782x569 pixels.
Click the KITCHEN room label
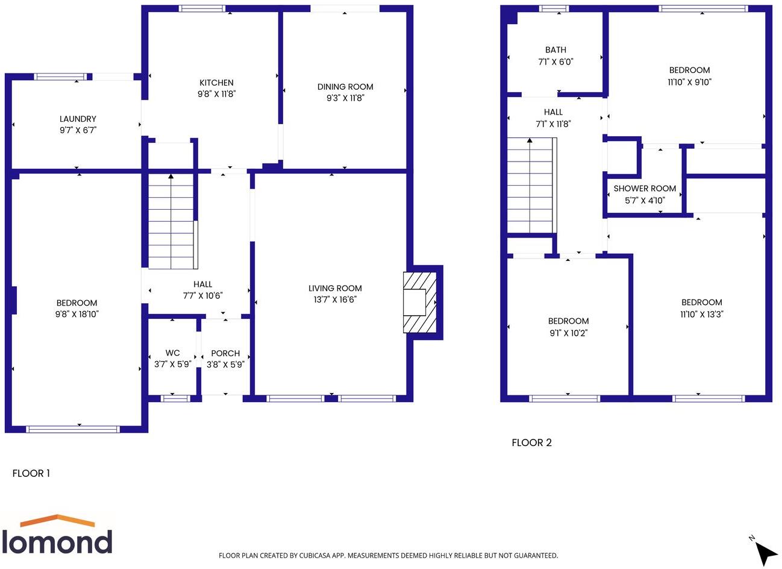(x=216, y=83)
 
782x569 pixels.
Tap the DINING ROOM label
(x=345, y=87)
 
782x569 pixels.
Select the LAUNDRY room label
(x=78, y=119)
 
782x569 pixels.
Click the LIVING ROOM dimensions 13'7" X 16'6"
(x=335, y=300)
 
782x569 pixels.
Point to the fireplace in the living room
(x=419, y=301)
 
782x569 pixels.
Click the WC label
(x=172, y=353)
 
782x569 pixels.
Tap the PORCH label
(x=225, y=353)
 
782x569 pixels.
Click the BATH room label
(x=555, y=50)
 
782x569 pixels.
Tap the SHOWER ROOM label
(x=645, y=189)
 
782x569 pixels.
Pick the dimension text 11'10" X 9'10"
(x=689, y=82)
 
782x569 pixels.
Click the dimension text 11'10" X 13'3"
(x=701, y=314)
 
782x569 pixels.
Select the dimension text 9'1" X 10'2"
(x=568, y=333)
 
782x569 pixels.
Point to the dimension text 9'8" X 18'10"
(x=77, y=314)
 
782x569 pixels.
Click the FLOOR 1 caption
(x=31, y=473)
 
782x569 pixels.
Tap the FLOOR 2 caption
(x=531, y=442)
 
